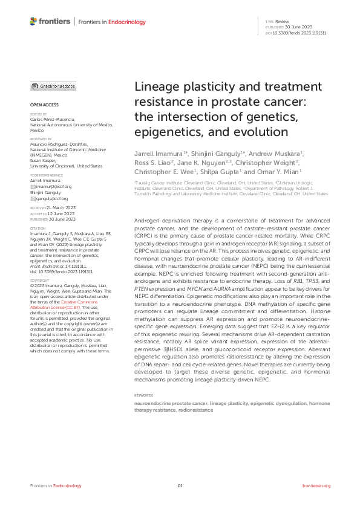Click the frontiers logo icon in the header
[x=33, y=22]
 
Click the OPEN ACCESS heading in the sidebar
[x=42, y=104]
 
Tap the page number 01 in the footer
[x=180, y=486]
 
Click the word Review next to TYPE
[x=284, y=21]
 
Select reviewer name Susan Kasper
[x=44, y=159]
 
